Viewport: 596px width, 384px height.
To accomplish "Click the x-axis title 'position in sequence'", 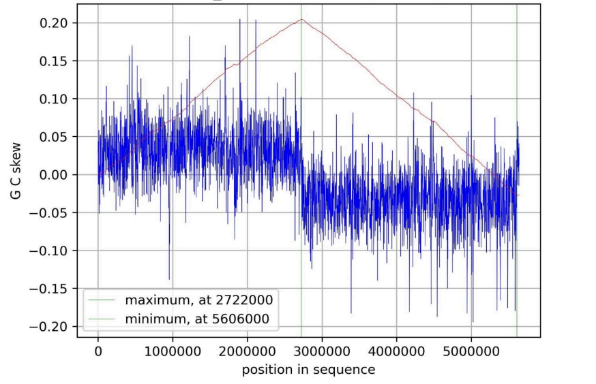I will pos(308,370).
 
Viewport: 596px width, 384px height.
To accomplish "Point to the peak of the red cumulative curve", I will pos(301,20).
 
